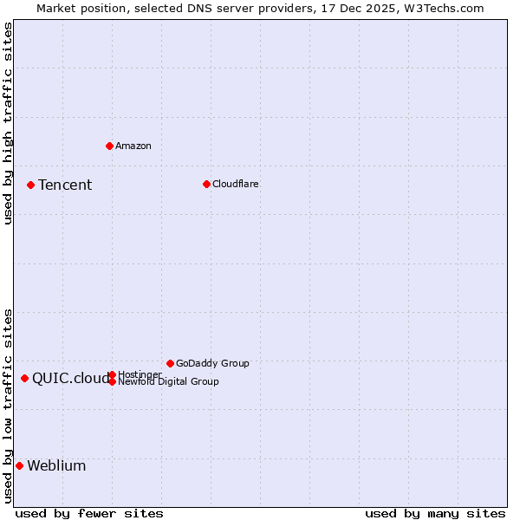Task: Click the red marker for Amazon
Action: click(x=109, y=146)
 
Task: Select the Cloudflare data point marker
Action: click(x=206, y=184)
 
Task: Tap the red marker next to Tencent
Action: click(x=30, y=185)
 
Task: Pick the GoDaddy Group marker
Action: click(x=170, y=363)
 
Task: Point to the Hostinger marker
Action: click(x=112, y=374)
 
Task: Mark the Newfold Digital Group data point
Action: click(x=112, y=381)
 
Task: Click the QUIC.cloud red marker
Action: click(x=24, y=378)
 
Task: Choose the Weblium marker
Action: click(x=19, y=465)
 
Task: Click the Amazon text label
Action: click(x=133, y=146)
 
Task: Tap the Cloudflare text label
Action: click(x=235, y=184)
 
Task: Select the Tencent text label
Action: click(x=65, y=185)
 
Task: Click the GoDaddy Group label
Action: click(x=212, y=363)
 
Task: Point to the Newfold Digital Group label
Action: click(x=168, y=381)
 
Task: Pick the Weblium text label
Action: click(x=56, y=465)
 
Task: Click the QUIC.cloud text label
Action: click(x=71, y=378)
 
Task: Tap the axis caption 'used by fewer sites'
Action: click(x=89, y=513)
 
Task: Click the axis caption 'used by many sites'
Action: click(x=435, y=513)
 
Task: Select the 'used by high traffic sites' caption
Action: click(x=8, y=123)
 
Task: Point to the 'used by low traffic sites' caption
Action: click(x=8, y=406)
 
